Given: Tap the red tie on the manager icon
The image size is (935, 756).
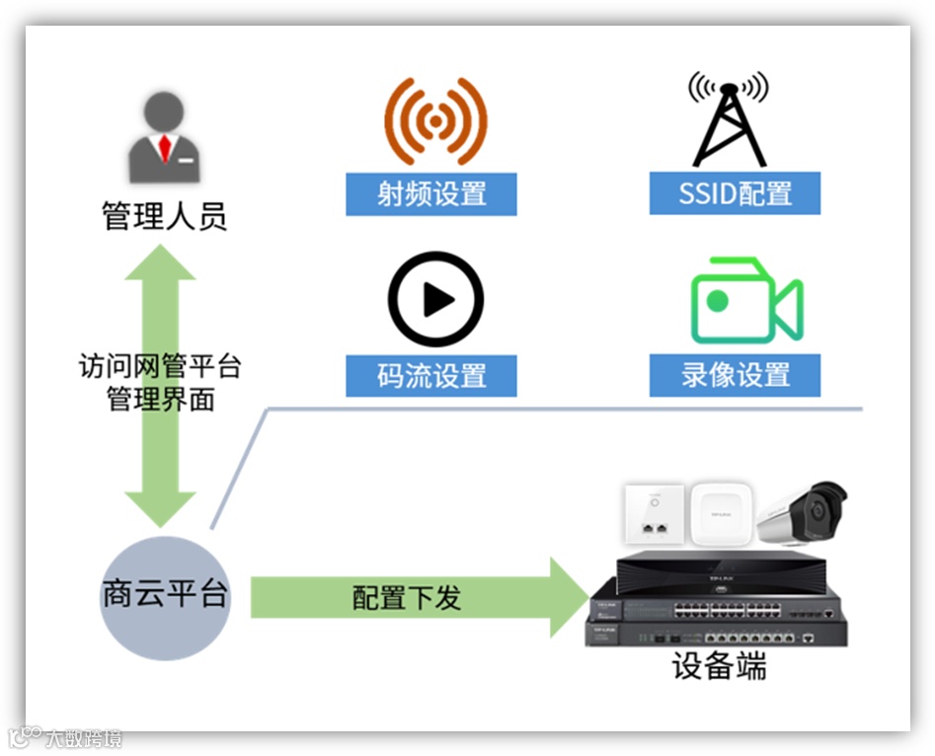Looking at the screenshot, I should [165, 148].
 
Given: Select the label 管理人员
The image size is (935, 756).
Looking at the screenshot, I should [165, 216].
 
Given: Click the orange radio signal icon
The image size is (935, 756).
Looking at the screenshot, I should [435, 120].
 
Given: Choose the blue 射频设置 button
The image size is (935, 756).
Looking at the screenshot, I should [431, 193].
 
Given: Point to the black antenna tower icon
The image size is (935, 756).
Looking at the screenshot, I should [729, 118].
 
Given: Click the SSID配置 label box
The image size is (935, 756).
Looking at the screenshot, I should [735, 193].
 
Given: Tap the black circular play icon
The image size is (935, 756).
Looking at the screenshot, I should [435, 300].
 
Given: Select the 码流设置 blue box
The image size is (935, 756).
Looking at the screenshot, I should [431, 376].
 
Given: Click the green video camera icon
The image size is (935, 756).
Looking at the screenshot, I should [745, 302].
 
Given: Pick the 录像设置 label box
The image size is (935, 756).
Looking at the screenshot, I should [735, 376].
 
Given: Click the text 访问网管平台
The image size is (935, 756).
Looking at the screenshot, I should [160, 367].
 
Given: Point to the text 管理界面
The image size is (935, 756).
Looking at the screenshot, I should [160, 399].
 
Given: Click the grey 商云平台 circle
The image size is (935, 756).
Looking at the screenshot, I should [165, 596].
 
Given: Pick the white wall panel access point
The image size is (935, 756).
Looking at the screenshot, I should [653, 515].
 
